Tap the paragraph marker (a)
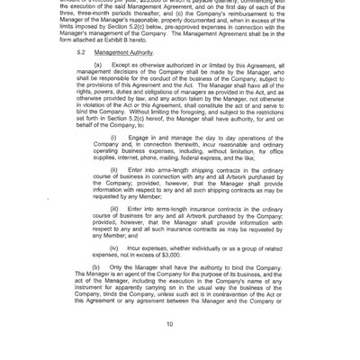point(96,67)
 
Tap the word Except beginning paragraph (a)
point(121,67)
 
